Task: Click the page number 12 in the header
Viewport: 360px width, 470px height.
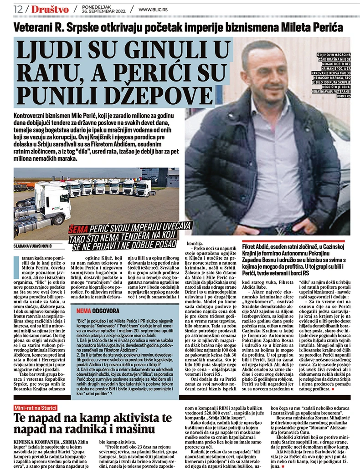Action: (19, 8)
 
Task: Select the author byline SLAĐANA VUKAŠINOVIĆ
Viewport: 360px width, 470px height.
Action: (33, 248)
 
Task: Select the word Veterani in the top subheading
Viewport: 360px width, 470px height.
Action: (32, 27)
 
